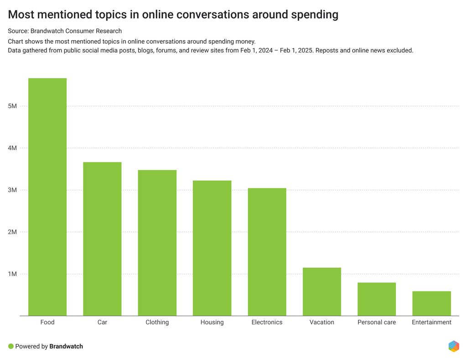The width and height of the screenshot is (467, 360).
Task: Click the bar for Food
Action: point(47,197)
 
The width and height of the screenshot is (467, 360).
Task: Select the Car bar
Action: point(102,239)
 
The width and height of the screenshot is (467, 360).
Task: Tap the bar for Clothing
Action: point(157,243)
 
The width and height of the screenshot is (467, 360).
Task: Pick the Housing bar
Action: point(212,248)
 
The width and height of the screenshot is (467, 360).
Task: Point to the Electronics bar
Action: point(267,252)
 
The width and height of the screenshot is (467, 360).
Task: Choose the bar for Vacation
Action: point(322,292)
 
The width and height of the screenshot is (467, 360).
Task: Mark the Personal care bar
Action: point(377,299)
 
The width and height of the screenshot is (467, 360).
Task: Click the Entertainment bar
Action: point(431,303)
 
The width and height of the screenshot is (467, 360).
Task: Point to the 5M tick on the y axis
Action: point(12,106)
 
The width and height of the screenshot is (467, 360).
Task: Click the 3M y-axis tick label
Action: point(12,190)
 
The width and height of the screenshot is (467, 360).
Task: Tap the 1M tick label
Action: point(12,274)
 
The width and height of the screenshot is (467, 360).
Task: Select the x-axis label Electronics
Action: point(267,322)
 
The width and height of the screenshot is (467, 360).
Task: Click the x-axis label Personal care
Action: point(377,322)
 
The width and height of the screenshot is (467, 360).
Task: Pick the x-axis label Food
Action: point(47,322)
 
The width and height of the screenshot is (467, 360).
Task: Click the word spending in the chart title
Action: point(315,15)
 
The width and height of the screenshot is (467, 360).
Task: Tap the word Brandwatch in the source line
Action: point(47,31)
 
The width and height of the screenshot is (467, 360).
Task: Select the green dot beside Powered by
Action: point(11,346)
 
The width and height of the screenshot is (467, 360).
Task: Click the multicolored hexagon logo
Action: point(454,346)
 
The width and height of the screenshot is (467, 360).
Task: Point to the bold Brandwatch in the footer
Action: point(66,346)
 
